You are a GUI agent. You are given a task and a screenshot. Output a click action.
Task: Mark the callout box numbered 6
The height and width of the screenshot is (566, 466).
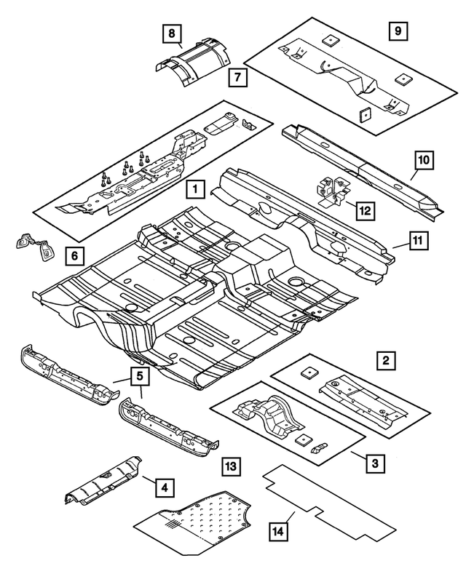(x=74, y=255)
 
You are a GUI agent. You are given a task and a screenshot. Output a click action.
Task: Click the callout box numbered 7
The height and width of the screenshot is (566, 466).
(x=237, y=76)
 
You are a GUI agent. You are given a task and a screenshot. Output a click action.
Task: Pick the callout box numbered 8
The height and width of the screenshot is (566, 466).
(x=170, y=33)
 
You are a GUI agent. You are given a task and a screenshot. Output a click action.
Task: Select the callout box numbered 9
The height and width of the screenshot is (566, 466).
(x=398, y=31)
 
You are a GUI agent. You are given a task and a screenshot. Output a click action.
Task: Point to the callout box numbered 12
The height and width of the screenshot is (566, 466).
(x=365, y=211)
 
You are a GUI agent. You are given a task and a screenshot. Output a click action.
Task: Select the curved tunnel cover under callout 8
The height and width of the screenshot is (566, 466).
(x=191, y=63)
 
